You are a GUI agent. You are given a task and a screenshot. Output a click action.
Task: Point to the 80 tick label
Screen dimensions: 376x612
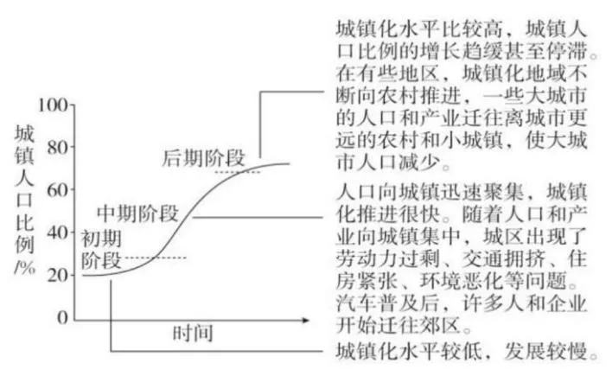click(x=56, y=147)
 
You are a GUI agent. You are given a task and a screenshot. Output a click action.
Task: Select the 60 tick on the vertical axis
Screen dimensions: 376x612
click(x=56, y=189)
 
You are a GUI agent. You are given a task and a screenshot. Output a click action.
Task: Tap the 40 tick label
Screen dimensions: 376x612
click(x=56, y=232)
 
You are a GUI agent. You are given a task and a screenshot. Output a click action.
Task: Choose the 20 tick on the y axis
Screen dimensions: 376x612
click(x=56, y=275)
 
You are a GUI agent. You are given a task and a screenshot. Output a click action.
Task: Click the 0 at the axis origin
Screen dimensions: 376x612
click(x=61, y=317)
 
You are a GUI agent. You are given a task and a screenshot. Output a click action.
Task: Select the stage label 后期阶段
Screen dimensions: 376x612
click(x=204, y=157)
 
